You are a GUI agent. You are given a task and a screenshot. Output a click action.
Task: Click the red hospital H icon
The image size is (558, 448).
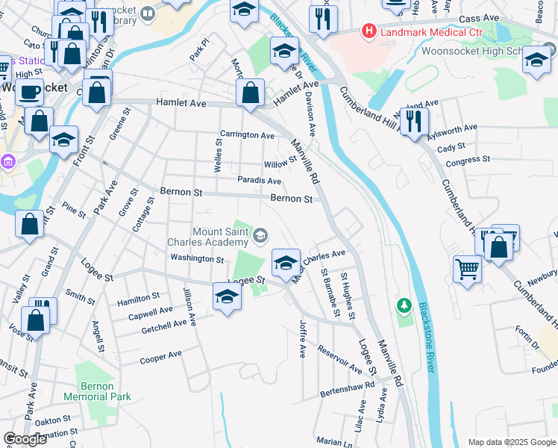368,31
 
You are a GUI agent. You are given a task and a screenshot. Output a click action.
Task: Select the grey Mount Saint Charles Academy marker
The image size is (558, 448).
260,237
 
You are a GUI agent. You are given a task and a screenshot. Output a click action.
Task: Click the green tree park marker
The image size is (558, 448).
404,305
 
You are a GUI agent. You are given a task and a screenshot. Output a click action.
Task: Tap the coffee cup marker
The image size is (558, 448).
29,92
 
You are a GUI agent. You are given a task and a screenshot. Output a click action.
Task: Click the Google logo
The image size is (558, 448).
25,438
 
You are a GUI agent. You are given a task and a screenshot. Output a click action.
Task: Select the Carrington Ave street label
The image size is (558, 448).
247,135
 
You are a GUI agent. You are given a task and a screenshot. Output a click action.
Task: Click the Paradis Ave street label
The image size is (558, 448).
259,181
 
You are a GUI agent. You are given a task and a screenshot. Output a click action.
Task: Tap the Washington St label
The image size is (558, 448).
197,259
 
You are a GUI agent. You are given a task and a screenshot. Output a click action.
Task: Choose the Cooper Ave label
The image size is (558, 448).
161,358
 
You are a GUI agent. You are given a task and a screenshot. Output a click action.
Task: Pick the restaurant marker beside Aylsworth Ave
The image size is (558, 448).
413,121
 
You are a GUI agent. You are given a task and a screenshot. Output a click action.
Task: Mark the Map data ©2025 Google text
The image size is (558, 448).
510,441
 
